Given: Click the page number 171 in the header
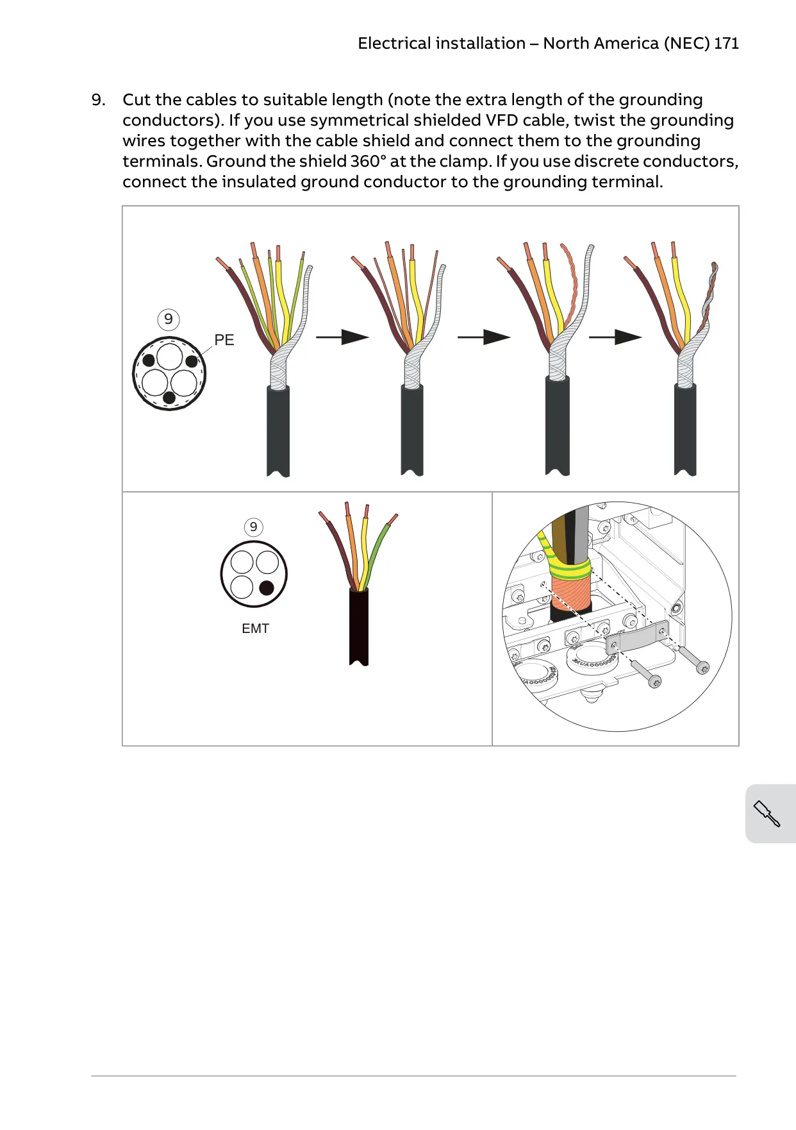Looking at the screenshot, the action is coord(726,44).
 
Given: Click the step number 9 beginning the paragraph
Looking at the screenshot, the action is coord(99,100).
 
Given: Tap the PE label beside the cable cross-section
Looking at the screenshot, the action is coord(224,340).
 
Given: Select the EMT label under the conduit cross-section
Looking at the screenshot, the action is coord(255,628).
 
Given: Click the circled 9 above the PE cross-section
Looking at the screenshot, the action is coord(169,319).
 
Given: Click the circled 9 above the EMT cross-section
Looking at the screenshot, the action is coord(254,527).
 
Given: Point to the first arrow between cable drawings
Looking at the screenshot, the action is coord(342,337).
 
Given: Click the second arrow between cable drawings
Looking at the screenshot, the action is coord(484,337).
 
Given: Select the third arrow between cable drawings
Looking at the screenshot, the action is coord(615,337).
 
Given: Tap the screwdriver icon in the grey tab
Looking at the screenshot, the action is coord(767,814).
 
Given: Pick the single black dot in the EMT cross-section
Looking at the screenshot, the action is coord(267,587).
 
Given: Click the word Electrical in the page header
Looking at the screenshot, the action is coord(394,44).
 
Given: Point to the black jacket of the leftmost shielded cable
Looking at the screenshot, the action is coord(278,431).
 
